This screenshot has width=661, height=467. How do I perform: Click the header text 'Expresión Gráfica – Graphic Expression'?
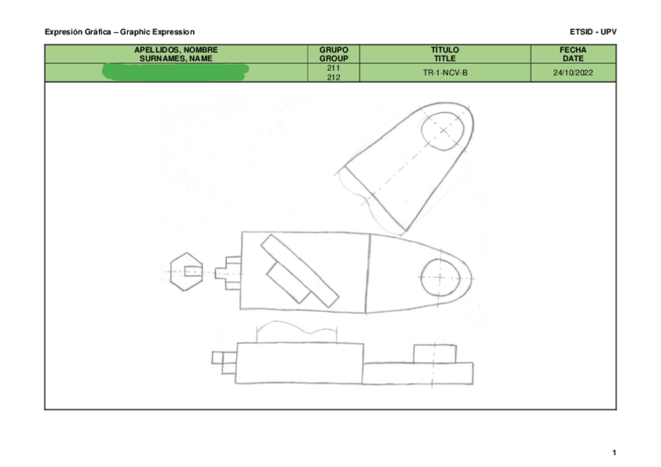click(x=119, y=31)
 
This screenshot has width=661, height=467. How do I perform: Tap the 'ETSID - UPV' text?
click(x=593, y=31)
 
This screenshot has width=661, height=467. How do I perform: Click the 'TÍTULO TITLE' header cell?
click(x=444, y=54)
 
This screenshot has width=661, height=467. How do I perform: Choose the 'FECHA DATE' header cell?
click(x=573, y=54)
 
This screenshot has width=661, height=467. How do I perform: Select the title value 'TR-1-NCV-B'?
click(x=444, y=73)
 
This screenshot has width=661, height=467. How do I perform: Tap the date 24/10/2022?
click(x=573, y=73)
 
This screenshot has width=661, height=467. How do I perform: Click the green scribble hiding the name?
click(x=175, y=73)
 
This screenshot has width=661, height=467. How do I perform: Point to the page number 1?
click(x=614, y=453)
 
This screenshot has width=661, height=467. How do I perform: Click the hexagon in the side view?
click(x=187, y=271)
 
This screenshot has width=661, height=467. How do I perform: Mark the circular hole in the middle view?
click(x=441, y=277)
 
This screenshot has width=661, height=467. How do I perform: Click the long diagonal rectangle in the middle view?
click(x=299, y=271)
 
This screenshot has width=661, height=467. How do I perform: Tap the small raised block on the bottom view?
click(x=434, y=354)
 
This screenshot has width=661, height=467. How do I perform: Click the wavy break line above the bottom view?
click(x=296, y=330)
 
